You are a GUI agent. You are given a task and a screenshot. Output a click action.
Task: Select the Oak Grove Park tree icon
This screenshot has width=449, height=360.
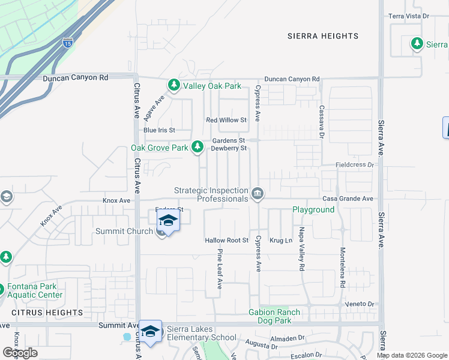[197, 147]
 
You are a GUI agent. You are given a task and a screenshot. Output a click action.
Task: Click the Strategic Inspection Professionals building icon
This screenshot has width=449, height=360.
[258, 193]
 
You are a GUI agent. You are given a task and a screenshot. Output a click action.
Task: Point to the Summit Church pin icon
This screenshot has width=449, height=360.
[161, 233]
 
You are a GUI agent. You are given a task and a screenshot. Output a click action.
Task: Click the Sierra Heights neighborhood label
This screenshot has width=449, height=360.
[322, 36]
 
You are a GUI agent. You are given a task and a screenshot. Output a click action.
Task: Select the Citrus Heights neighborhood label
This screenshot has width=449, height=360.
[47, 313]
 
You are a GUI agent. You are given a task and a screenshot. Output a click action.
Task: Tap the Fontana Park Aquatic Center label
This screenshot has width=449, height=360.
[35, 291]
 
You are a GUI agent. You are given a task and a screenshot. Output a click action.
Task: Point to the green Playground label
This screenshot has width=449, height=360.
[313, 209]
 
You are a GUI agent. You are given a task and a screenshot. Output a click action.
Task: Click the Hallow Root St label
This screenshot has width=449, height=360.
[226, 240]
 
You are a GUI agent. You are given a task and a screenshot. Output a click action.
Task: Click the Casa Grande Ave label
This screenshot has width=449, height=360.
[348, 199]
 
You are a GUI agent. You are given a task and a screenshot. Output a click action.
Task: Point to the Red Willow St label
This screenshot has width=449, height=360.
[226, 120]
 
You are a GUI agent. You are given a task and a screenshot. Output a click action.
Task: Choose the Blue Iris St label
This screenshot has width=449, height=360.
[158, 130]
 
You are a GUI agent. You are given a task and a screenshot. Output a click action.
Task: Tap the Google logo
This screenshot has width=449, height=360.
[20, 353]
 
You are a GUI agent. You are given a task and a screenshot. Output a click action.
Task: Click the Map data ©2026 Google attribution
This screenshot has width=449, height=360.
[411, 355]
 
